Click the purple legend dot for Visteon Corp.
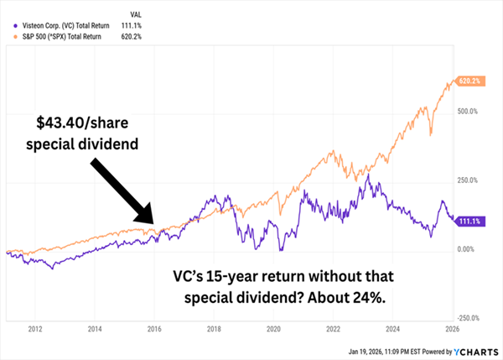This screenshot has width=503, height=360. click(x=9, y=26)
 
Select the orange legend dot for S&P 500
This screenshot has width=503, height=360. click(x=9, y=37)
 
